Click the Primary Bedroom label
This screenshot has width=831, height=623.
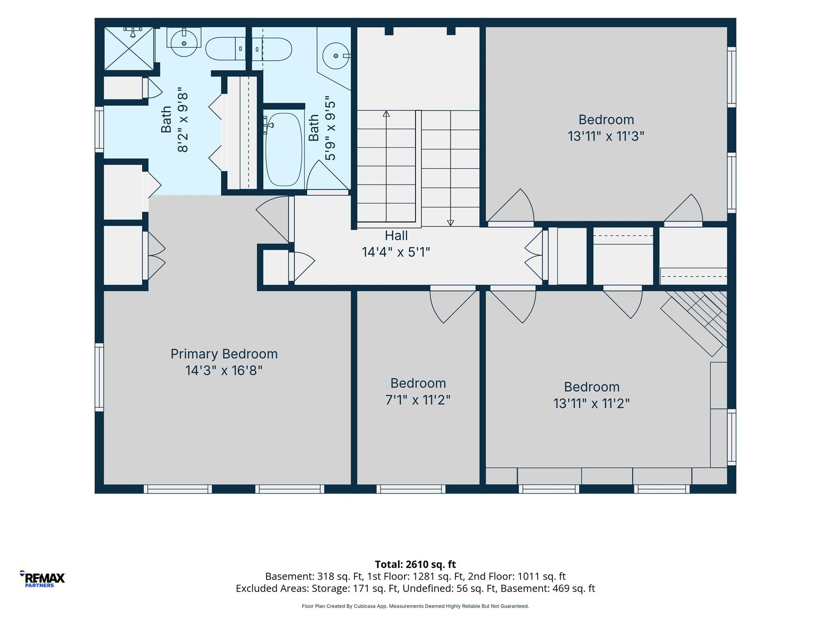[224, 354]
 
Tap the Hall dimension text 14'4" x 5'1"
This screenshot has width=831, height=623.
[396, 252]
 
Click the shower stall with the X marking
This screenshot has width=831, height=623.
[129, 48]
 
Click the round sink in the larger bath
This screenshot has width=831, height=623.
[184, 43]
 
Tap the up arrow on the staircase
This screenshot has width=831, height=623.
[386, 114]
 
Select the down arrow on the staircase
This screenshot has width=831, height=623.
[450, 223]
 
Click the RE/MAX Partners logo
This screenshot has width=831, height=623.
[42, 579]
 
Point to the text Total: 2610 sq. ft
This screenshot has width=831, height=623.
[415, 564]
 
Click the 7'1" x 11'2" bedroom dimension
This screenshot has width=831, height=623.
[418, 400]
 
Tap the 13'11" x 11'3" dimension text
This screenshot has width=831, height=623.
[606, 136]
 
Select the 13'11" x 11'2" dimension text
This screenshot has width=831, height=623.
[592, 404]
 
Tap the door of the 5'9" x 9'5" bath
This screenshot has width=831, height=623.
[327, 177]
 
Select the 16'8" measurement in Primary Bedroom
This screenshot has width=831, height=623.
[248, 371]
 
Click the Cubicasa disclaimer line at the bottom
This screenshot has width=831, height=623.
[415, 606]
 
